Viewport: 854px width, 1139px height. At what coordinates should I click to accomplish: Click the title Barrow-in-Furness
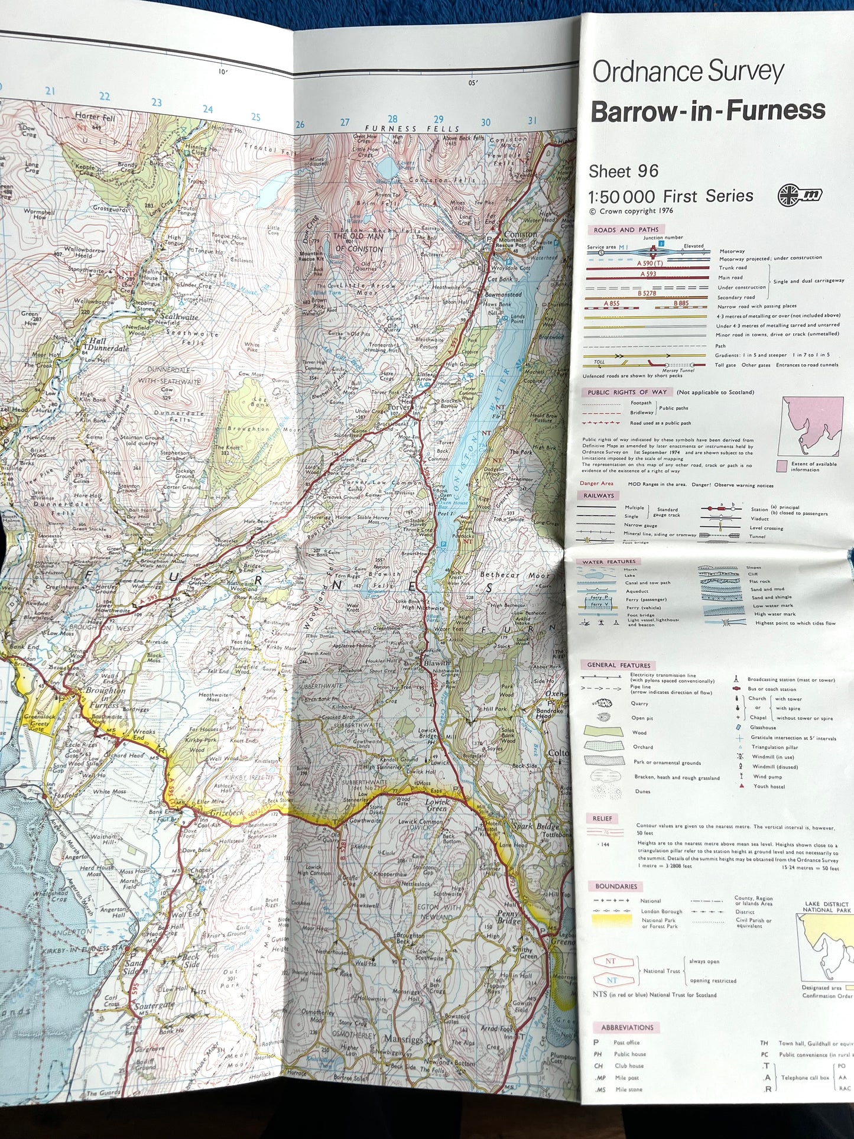tap(707, 111)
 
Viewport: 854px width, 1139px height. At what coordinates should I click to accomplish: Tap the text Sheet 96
tap(623, 171)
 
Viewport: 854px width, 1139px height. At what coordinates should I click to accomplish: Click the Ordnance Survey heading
tap(687, 72)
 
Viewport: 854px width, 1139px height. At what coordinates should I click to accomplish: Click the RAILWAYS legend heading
tap(599, 495)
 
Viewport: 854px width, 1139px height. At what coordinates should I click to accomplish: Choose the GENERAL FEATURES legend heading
tap(618, 665)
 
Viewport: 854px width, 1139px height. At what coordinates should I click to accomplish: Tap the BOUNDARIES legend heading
tap(616, 886)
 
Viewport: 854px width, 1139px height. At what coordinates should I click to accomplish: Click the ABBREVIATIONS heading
tap(627, 1027)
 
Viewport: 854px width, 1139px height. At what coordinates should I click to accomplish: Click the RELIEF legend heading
tap(602, 819)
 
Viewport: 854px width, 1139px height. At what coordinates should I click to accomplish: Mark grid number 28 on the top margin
tap(392, 119)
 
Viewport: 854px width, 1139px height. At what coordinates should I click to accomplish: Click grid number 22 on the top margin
tap(105, 96)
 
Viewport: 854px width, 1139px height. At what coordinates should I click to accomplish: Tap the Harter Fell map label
tap(95, 117)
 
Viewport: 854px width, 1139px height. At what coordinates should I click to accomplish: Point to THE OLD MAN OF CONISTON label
tap(359, 242)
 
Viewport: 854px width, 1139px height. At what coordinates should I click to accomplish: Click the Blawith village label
tap(436, 663)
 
